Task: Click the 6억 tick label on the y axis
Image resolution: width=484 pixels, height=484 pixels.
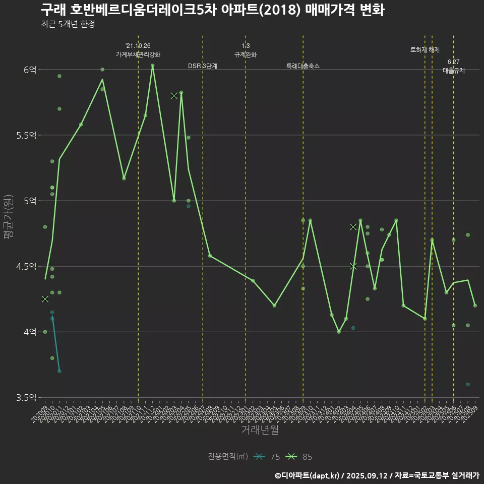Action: [x=29, y=70]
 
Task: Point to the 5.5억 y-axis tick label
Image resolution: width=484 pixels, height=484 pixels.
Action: [x=26, y=135]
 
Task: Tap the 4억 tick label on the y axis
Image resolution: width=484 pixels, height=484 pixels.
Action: [x=29, y=332]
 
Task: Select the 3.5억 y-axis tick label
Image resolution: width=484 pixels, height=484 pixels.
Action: [x=26, y=397]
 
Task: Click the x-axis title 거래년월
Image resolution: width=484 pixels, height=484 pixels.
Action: [x=260, y=430]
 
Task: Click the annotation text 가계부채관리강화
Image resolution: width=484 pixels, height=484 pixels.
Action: [x=138, y=54]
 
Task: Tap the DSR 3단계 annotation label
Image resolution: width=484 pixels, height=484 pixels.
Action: [x=203, y=66]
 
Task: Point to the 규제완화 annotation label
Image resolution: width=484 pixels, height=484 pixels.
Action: [x=246, y=54]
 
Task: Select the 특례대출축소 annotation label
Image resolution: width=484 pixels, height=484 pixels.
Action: [x=303, y=66]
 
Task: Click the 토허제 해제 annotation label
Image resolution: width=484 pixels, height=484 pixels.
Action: [x=425, y=50]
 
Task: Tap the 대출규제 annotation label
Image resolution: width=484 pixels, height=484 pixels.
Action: [x=454, y=71]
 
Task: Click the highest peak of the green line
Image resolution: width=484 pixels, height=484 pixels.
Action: [x=152, y=65]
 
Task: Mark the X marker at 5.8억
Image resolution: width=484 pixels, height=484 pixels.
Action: [x=174, y=95]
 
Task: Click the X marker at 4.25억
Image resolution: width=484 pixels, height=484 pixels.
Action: [x=45, y=299]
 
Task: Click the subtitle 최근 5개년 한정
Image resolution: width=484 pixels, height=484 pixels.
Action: [x=68, y=24]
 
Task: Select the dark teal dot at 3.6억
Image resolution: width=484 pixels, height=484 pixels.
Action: [x=468, y=384]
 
